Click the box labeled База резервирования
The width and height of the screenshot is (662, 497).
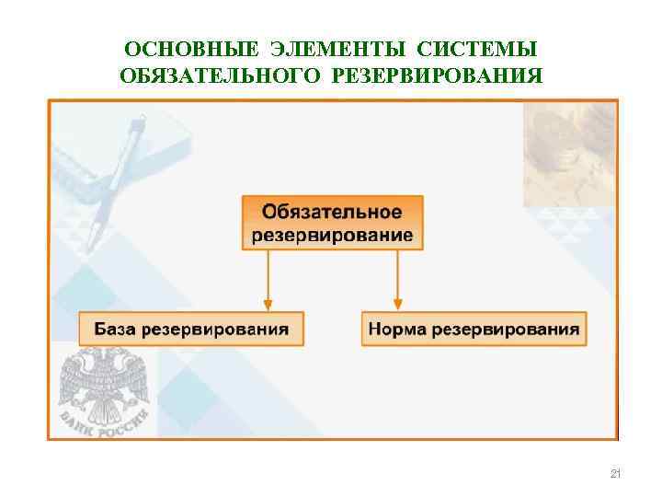click(190, 329)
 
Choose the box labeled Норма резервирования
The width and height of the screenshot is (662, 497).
click(474, 329)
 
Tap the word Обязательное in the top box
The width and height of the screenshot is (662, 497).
click(333, 212)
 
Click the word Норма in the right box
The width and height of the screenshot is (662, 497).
click(398, 329)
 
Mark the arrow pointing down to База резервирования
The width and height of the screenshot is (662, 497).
click(268, 280)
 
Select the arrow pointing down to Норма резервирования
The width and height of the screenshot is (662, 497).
click(397, 280)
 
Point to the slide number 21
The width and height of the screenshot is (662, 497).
click(615, 474)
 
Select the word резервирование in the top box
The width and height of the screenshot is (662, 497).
click(333, 235)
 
